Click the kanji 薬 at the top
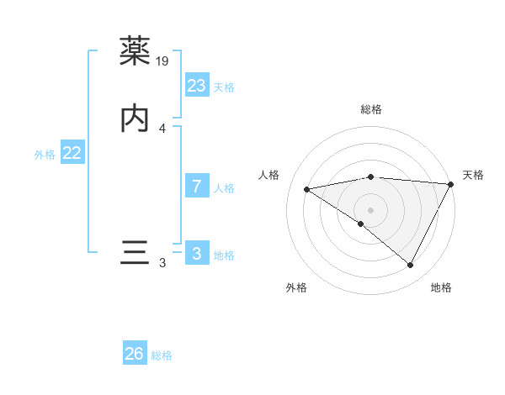[136, 51]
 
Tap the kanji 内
[136, 118]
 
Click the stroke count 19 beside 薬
[163, 61]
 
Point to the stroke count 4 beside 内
[162, 129]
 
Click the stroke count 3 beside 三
[162, 263]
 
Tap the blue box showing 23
[197, 86]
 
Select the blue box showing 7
[197, 187]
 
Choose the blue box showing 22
[72, 153]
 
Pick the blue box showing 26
[135, 354]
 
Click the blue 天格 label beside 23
[224, 87]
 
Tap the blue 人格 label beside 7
[224, 188]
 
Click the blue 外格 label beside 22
[45, 155]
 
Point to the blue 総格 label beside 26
[162, 355]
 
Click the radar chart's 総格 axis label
[371, 109]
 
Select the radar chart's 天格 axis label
[473, 175]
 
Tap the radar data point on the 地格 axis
[410, 265]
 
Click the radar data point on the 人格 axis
[307, 189]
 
